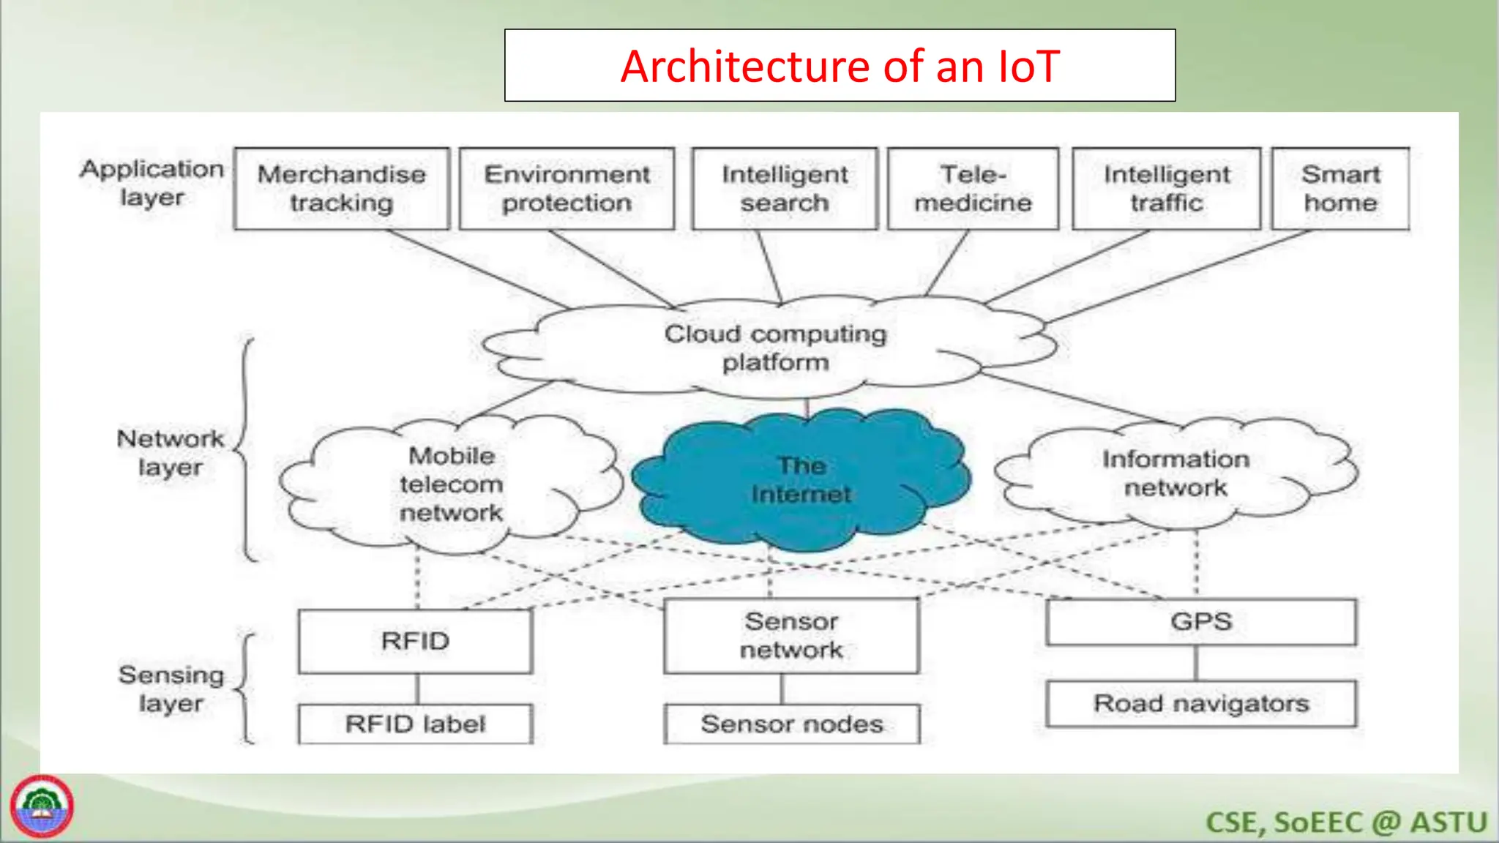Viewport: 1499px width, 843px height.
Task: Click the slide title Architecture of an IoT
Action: point(840,66)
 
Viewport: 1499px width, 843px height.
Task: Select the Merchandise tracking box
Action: point(341,189)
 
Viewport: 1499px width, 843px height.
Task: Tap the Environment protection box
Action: point(567,189)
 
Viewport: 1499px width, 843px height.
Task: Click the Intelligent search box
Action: point(784,189)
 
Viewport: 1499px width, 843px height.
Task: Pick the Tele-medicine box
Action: point(973,189)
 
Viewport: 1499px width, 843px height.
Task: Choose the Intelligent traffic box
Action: point(1166,189)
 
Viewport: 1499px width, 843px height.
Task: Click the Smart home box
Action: point(1340,189)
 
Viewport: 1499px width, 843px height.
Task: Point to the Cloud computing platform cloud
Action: point(774,348)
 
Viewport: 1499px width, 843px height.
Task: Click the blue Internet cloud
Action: point(801,480)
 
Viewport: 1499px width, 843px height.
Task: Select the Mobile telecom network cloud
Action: point(451,484)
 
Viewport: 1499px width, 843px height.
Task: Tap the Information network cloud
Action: point(1175,473)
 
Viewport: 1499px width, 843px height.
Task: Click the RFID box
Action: point(415,641)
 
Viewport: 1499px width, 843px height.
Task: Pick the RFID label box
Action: point(415,724)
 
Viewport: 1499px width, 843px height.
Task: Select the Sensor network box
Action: point(791,635)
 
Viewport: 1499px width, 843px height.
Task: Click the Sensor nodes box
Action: point(791,724)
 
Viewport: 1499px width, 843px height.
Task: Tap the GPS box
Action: point(1201,622)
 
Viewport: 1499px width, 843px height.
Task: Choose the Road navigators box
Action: point(1201,703)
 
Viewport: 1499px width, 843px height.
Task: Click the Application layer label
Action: point(152,183)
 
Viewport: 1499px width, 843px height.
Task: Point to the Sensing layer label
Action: point(171,689)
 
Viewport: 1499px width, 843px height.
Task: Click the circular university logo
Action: point(42,806)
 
